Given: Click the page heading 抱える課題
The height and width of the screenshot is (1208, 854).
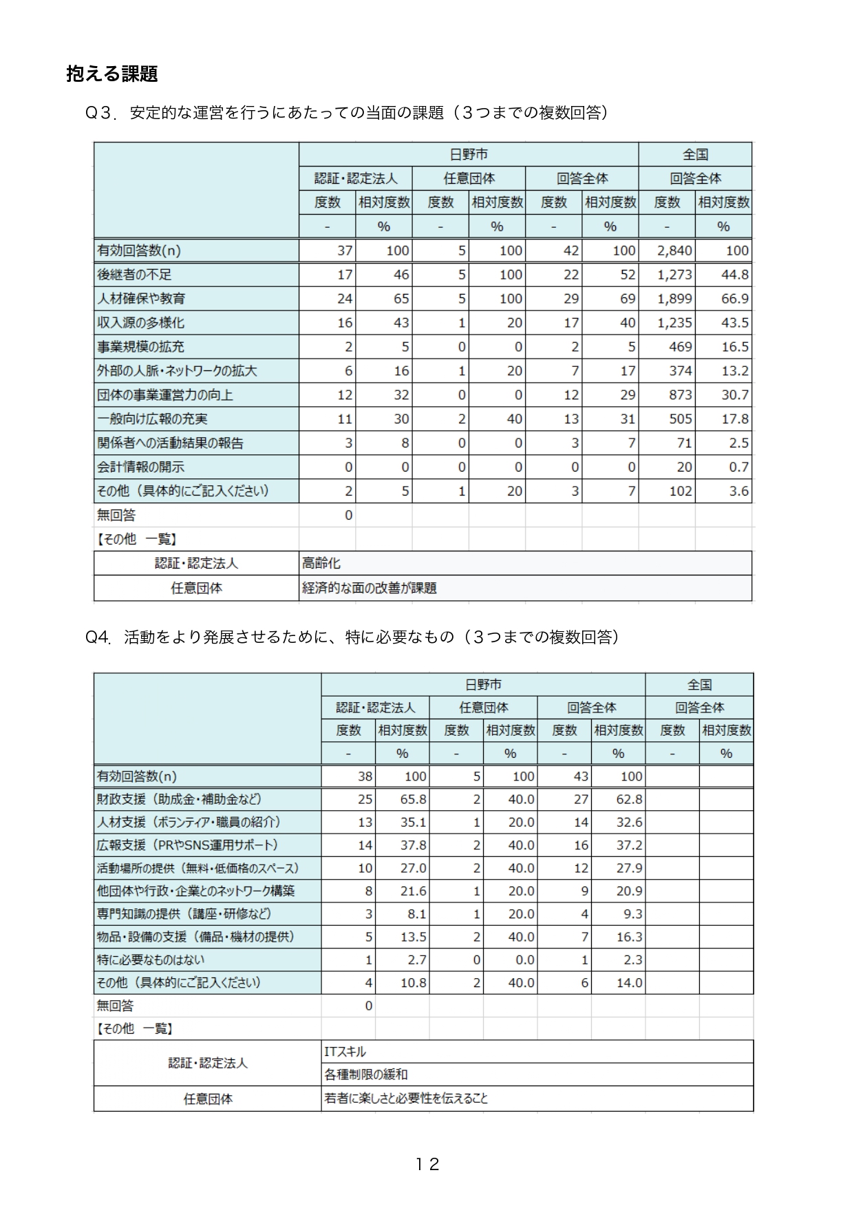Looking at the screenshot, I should pyautogui.click(x=112, y=74).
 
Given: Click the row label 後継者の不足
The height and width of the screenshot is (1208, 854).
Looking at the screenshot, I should pyautogui.click(x=134, y=275).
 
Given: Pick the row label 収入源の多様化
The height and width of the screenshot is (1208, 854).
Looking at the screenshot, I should pyautogui.click(x=140, y=323).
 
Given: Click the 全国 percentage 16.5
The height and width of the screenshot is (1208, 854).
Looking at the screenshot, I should pyautogui.click(x=734, y=347).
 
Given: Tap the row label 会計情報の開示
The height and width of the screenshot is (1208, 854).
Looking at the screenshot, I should pyautogui.click(x=140, y=467).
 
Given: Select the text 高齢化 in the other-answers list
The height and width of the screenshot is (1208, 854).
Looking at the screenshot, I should pyautogui.click(x=321, y=564).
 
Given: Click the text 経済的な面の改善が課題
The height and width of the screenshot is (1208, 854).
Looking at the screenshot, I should pyautogui.click(x=370, y=588).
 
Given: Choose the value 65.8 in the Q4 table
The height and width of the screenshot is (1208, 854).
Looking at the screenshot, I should pyautogui.click(x=413, y=799).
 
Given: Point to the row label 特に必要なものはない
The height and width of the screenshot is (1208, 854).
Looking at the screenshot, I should pyautogui.click(x=151, y=960).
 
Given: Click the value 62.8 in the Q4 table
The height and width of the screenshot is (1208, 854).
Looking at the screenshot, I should pyautogui.click(x=629, y=799).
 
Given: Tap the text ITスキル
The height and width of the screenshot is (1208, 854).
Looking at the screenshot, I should pyautogui.click(x=345, y=1052).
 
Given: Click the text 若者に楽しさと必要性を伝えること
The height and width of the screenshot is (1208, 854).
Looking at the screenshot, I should pyautogui.click(x=406, y=1099).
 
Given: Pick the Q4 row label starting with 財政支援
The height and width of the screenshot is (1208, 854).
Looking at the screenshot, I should pyautogui.click(x=179, y=799).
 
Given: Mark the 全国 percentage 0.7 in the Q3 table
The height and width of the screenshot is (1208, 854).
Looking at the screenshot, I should pyautogui.click(x=738, y=467).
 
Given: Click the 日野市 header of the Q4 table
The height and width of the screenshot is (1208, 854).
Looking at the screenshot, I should pyautogui.click(x=483, y=684).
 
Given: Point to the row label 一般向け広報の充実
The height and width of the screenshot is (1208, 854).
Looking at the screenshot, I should pyautogui.click(x=152, y=419).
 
